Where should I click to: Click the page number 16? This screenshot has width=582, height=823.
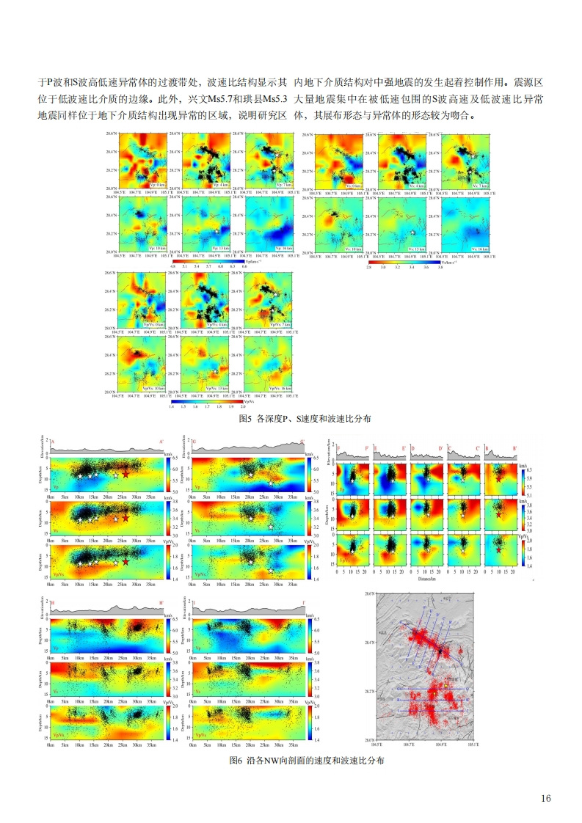click(x=545, y=798)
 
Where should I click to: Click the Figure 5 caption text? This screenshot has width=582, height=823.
click(x=291, y=419)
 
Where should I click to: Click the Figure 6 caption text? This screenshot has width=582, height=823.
click(x=291, y=761)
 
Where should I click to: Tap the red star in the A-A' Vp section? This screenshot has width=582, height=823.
click(x=126, y=475)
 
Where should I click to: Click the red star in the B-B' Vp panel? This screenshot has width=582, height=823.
click(x=498, y=478)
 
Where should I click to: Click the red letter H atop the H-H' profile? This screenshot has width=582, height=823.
click(x=52, y=602)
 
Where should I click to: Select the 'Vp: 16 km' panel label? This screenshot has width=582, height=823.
click(x=279, y=248)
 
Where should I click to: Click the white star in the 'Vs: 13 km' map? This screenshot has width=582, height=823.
click(x=413, y=232)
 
